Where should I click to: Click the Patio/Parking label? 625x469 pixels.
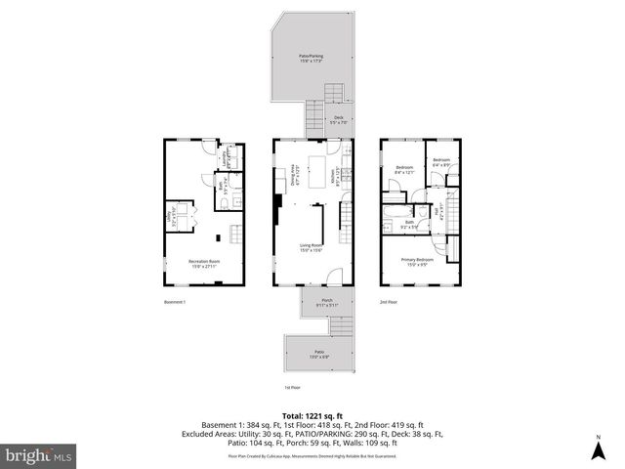[312, 58]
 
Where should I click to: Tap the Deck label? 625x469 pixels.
[338, 120]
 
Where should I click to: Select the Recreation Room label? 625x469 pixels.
[203, 263]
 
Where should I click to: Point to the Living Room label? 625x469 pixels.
[312, 248]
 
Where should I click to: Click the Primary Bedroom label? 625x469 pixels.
[418, 261]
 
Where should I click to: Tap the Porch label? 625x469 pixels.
[326, 302]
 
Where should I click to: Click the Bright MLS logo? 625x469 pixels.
[37, 455]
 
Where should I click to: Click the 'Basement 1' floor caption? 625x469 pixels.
[176, 302]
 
